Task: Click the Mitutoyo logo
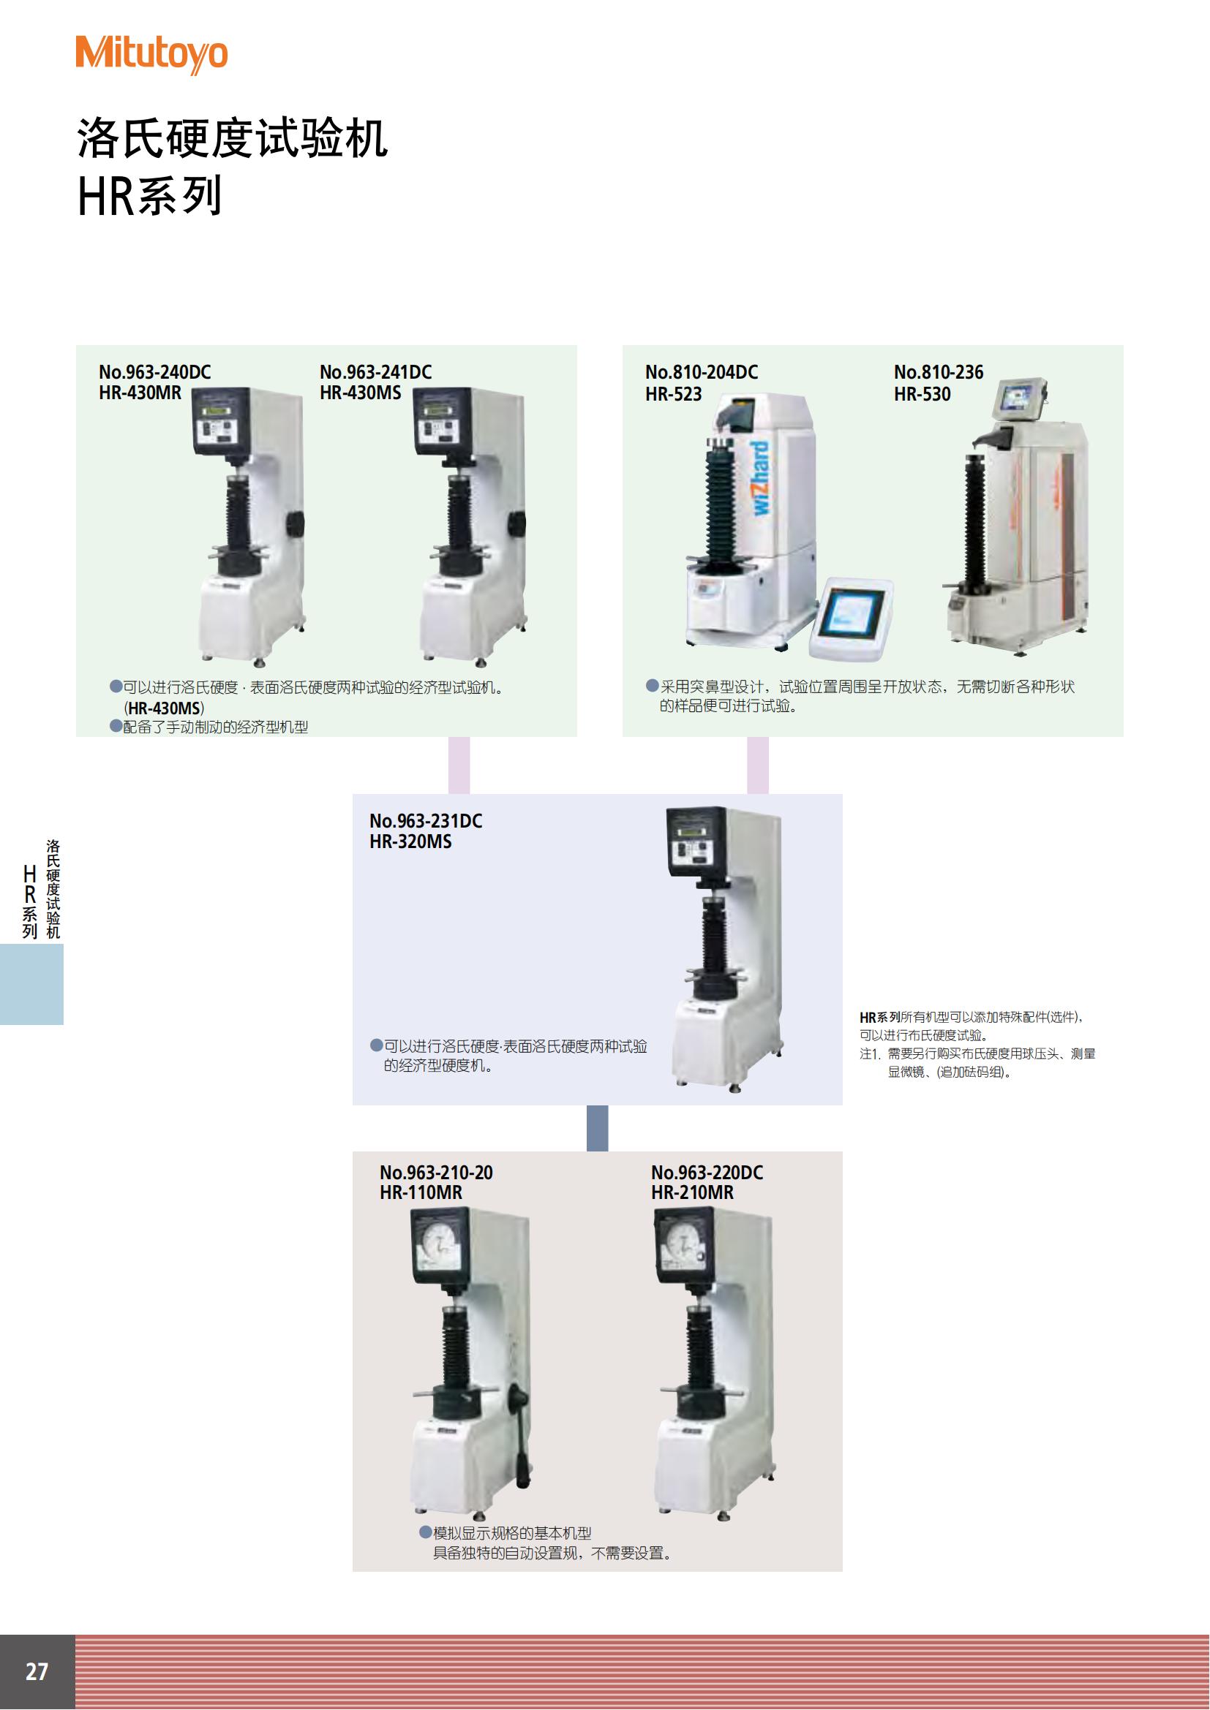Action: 151,54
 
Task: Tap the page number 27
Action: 37,1671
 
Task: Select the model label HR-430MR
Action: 140,393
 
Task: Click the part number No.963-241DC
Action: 375,371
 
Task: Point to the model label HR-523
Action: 674,394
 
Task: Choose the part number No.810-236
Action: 939,371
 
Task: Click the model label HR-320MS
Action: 410,841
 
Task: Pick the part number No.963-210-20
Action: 436,1172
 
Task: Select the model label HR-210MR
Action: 692,1192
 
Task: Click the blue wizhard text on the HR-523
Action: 759,477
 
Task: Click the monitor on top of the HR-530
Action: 1020,397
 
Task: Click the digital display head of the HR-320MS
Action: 696,841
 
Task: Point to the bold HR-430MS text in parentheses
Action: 164,708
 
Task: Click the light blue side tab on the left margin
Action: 31,984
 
